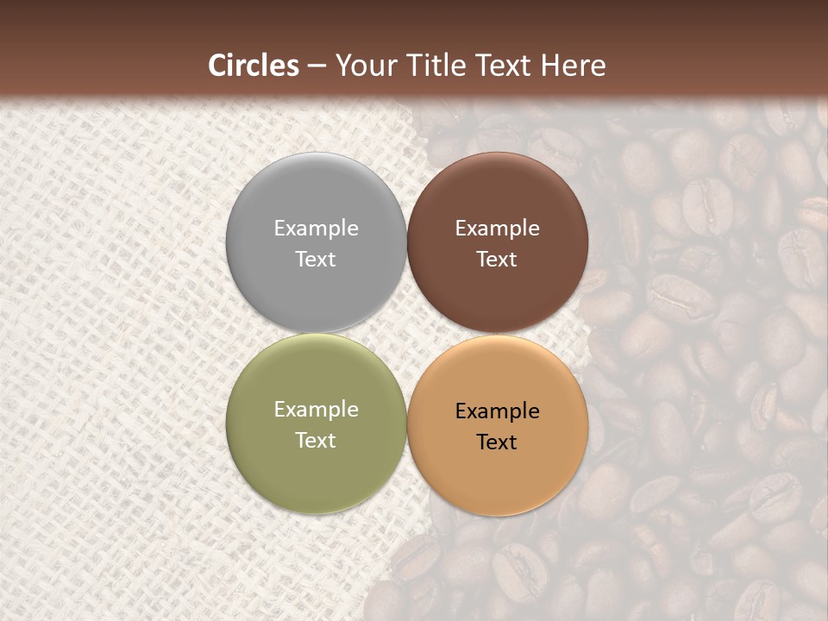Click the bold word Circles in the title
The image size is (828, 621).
[254, 66]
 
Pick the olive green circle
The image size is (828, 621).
[316, 466]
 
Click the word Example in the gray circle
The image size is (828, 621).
[316, 229]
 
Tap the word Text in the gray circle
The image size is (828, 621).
[316, 259]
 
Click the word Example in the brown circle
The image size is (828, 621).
[497, 229]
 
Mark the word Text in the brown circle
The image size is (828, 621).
[497, 259]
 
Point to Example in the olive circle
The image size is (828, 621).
[316, 410]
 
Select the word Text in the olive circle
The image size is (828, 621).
[316, 440]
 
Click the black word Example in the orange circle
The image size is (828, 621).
[497, 411]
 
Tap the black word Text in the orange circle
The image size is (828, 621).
[497, 442]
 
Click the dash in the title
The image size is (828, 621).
[317, 66]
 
